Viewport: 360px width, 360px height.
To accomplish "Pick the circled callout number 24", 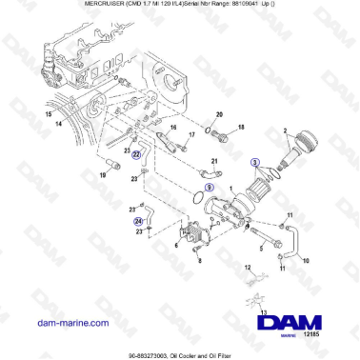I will pyautogui.click(x=137, y=221).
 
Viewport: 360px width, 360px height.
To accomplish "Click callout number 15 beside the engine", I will pyautogui.click(x=21, y=113).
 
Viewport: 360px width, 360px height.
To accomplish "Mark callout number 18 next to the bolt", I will pyautogui.click(x=241, y=126).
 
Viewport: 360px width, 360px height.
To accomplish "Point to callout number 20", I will pyautogui.click(x=218, y=112).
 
